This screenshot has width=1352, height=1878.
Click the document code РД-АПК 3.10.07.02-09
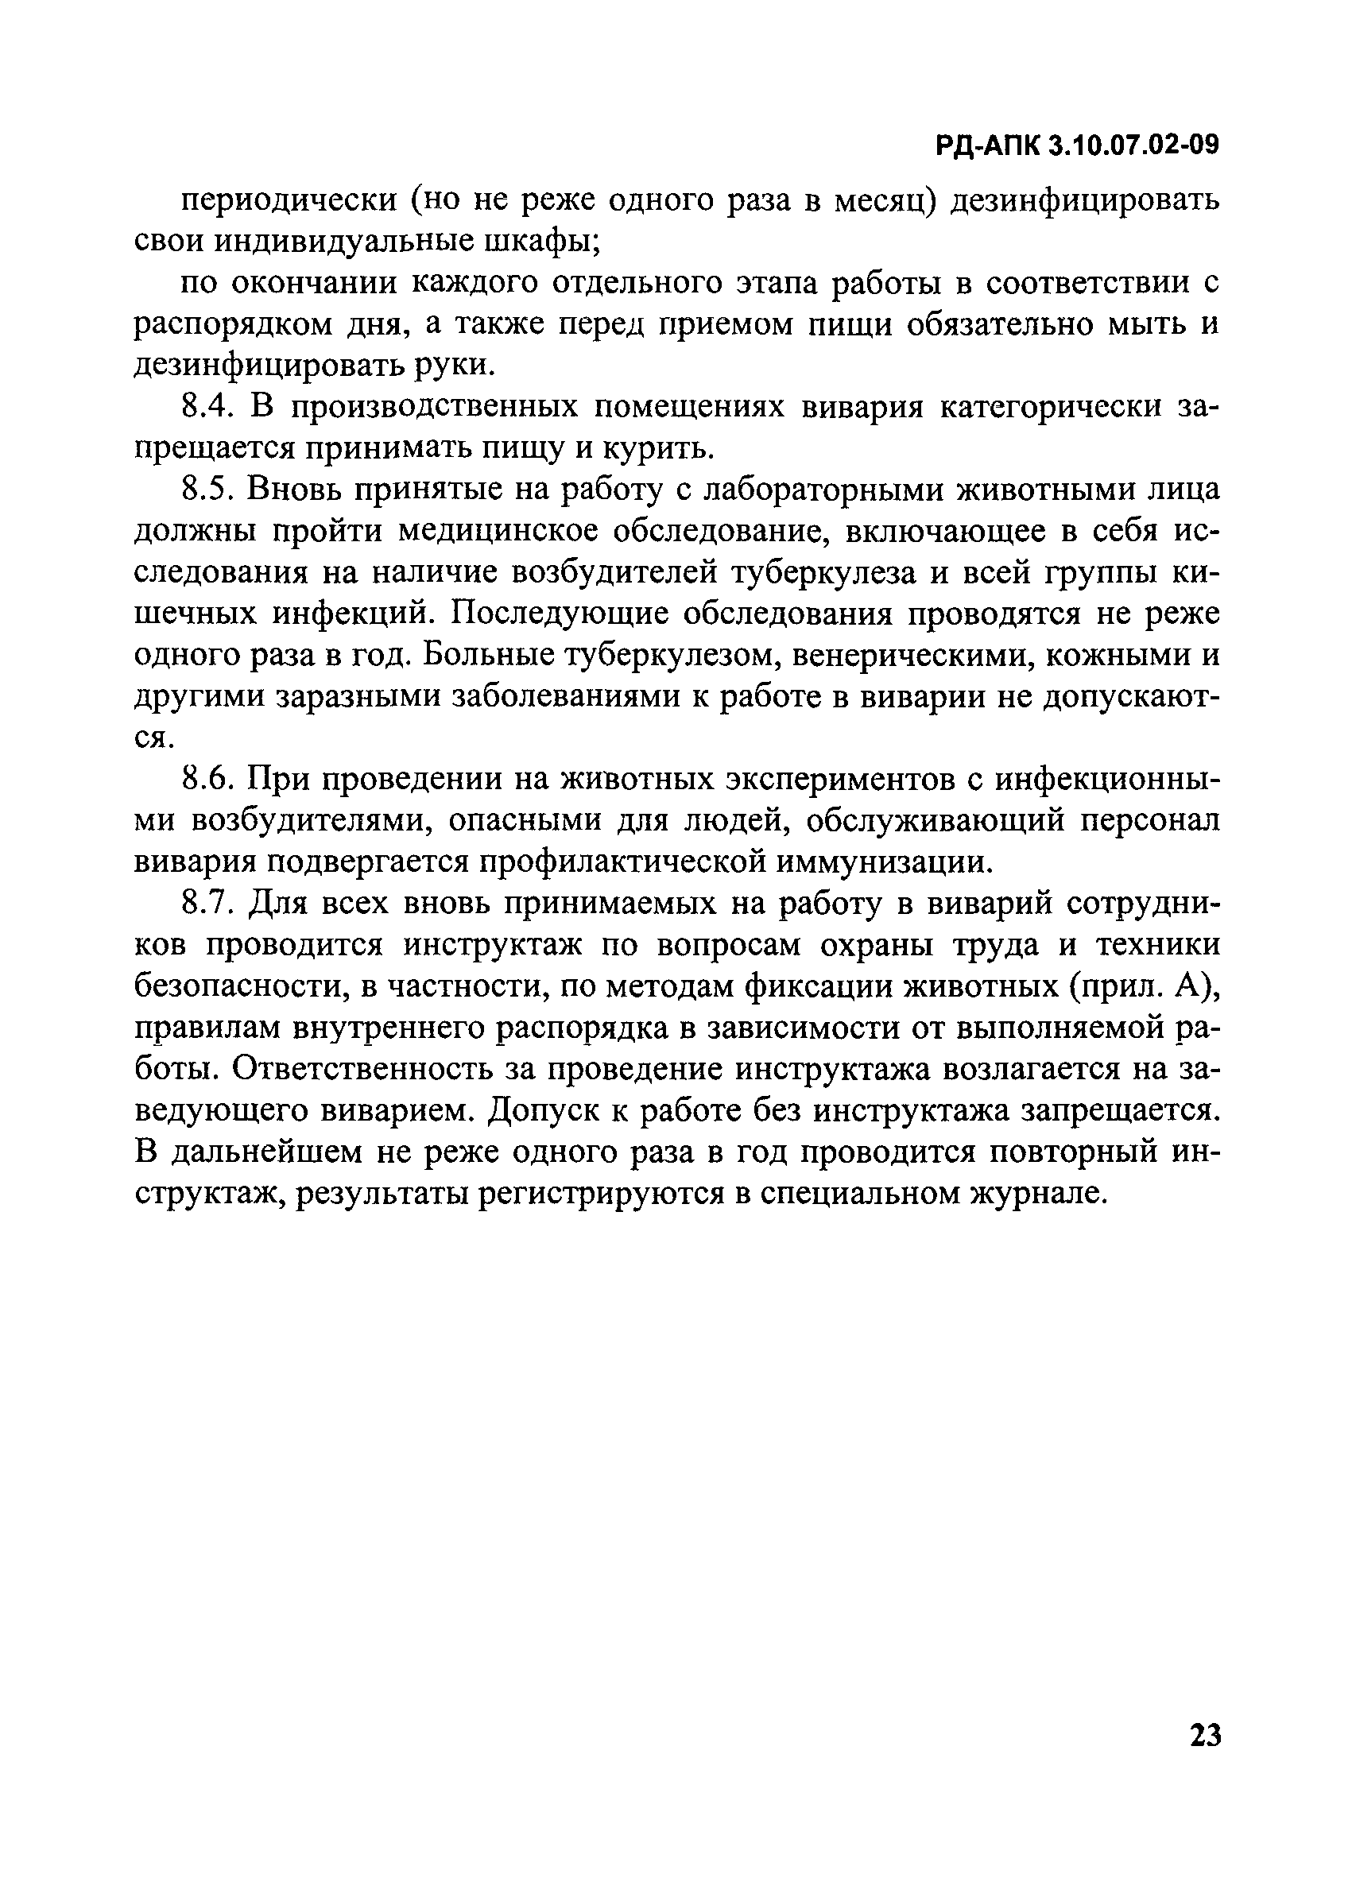1078,145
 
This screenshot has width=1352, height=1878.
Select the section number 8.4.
208,407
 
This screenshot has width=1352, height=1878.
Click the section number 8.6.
208,779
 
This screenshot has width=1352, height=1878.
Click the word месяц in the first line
884,201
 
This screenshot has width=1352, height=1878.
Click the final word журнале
1036,1193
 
